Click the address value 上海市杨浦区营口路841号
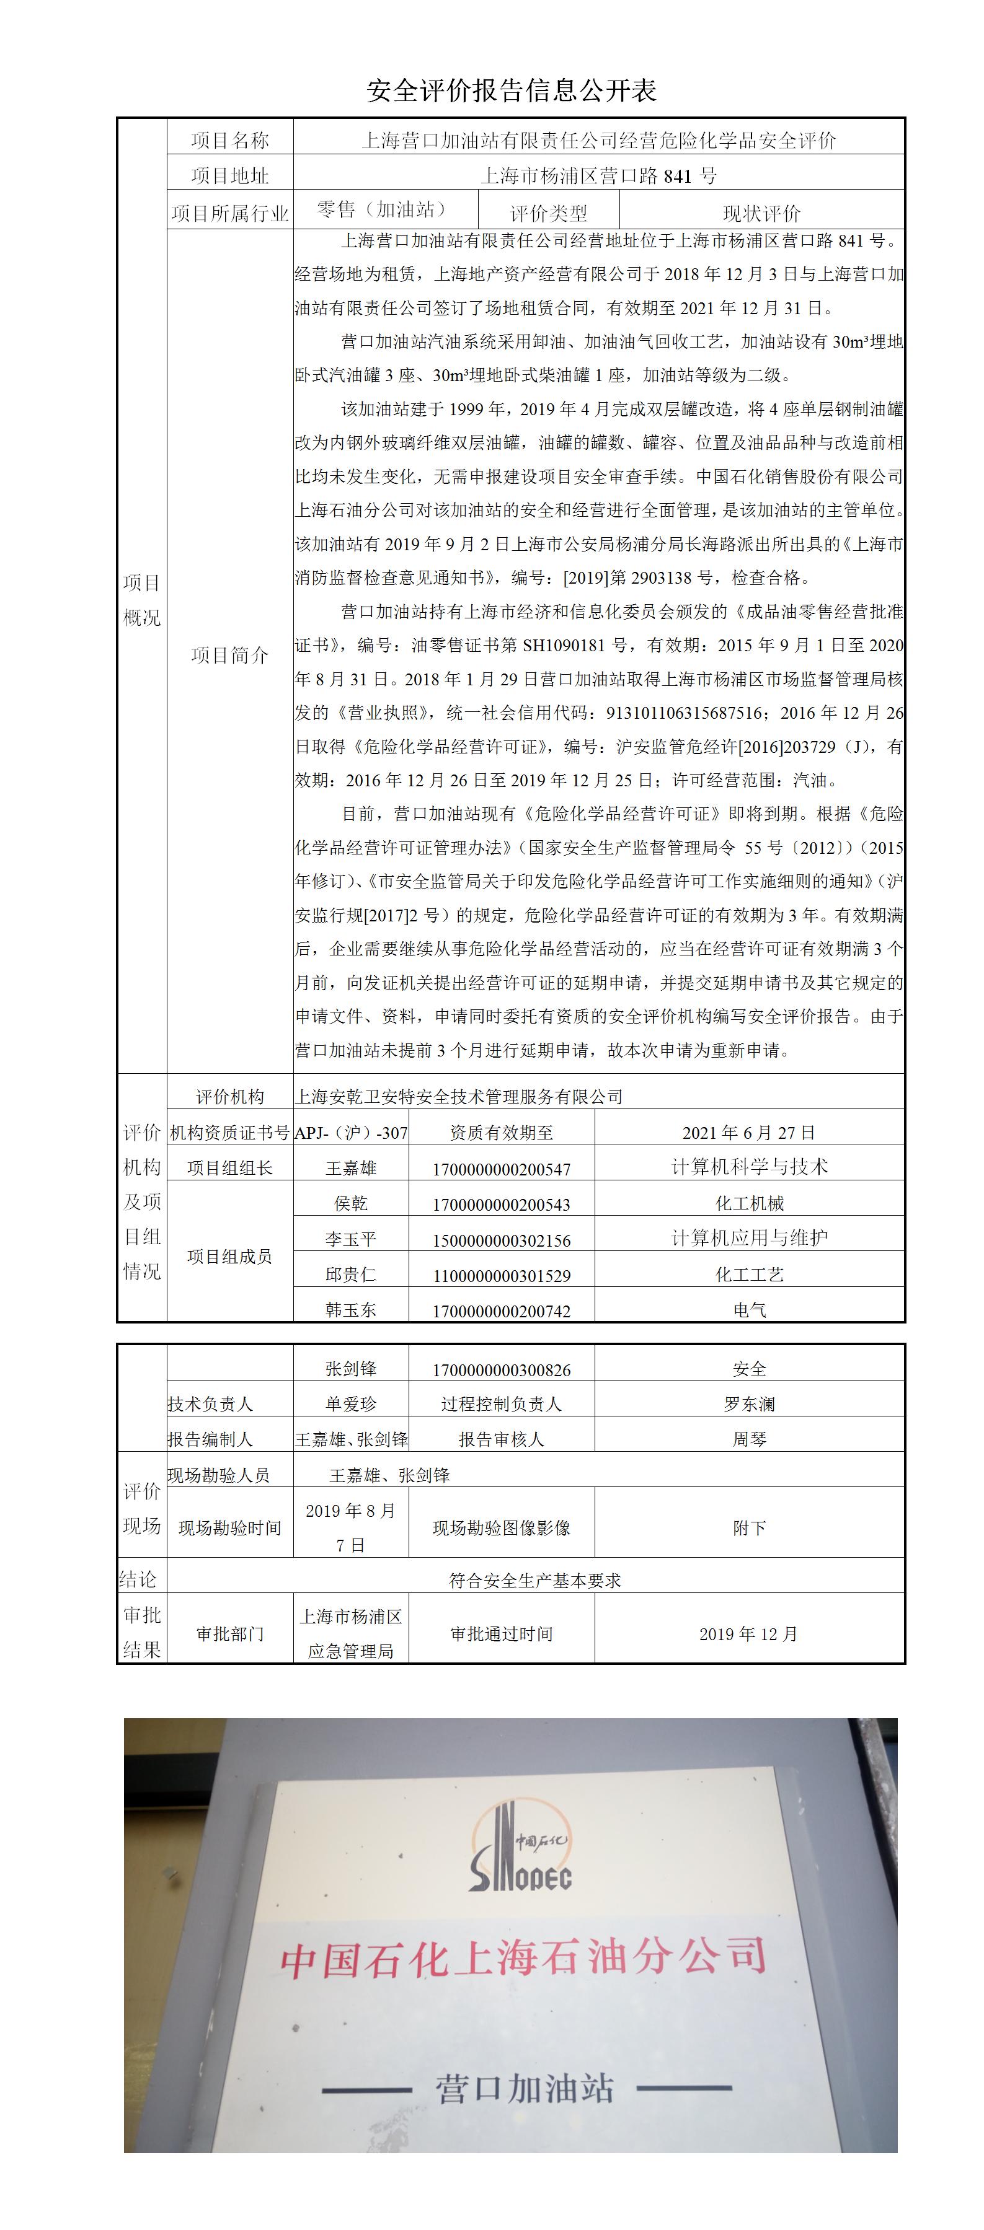click(598, 176)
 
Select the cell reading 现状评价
click(761, 213)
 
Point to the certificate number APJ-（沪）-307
click(351, 1132)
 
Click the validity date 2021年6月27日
click(748, 1132)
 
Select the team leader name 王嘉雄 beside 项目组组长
click(351, 1168)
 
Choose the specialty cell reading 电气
click(749, 1310)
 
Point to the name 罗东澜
click(749, 1404)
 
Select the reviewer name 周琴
click(749, 1439)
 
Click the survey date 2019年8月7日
click(351, 1527)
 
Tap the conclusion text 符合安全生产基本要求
click(534, 1580)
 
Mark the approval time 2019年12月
click(748, 1633)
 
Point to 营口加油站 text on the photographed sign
click(525, 2088)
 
